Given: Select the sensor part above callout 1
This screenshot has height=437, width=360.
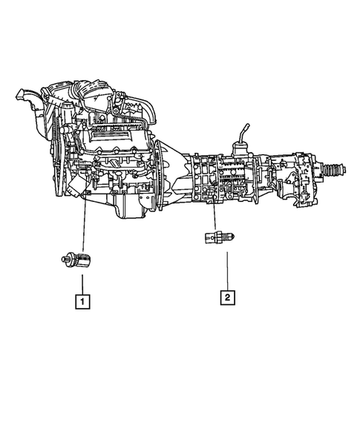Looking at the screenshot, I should tap(79, 260).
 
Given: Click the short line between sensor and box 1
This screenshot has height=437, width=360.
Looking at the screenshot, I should tap(82, 282).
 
